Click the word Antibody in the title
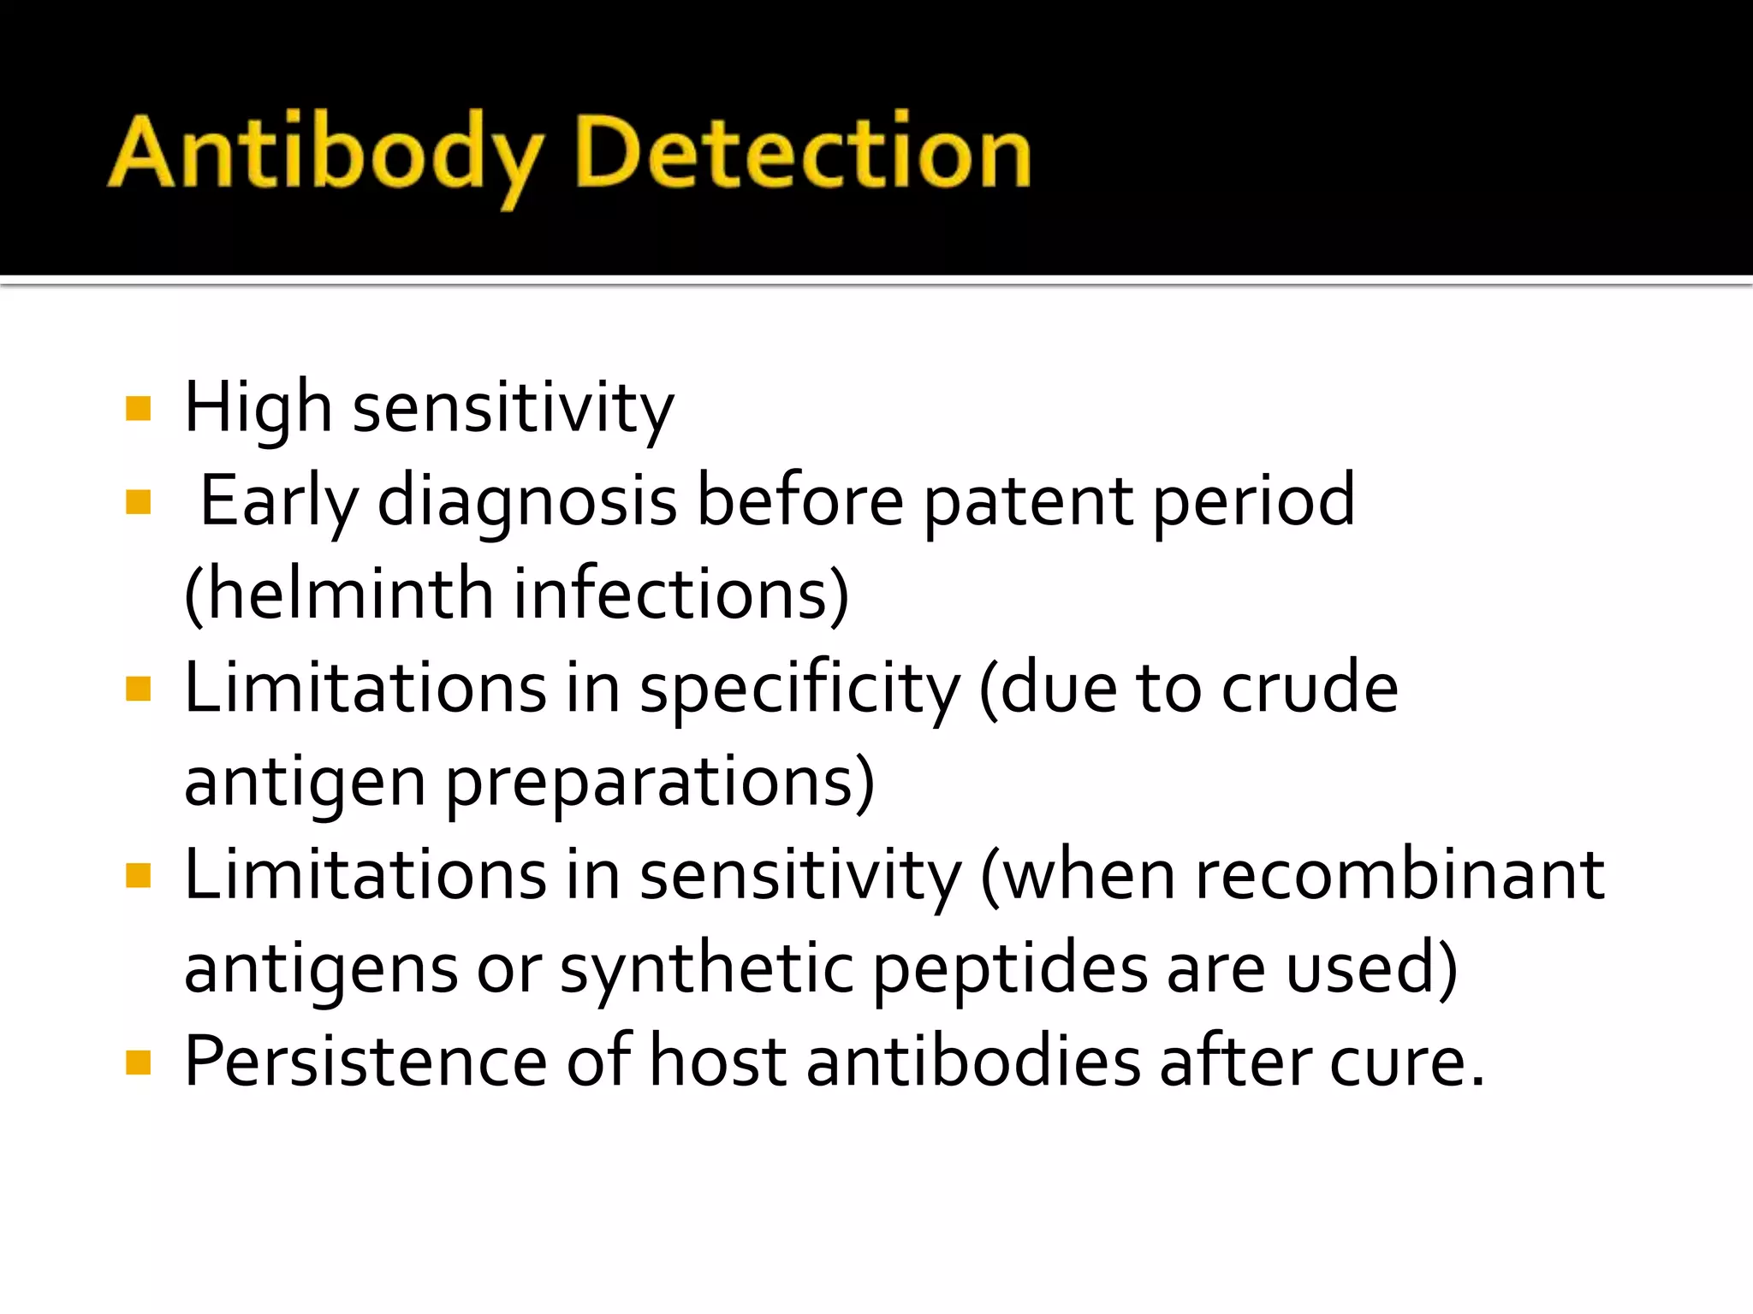[325, 154]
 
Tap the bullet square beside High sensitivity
[138, 408]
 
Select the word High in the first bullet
[258, 408]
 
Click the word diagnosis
[527, 502]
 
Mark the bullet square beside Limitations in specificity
[138, 689]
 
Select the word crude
[1309, 689]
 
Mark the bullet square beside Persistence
[138, 1063]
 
